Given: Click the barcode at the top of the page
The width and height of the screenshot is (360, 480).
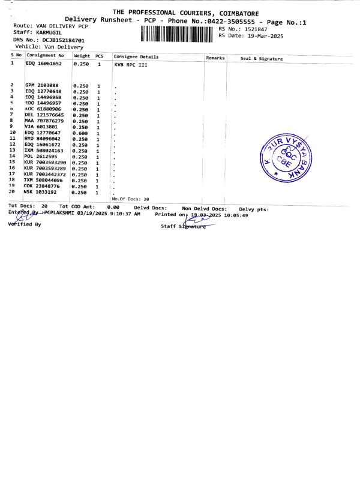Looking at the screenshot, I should tap(178, 34).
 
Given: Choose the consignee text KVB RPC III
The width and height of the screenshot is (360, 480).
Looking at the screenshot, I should tap(130, 64).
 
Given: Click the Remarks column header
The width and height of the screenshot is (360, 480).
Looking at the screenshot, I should tap(215, 58).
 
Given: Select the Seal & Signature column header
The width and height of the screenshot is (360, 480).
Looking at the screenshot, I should tap(261, 58).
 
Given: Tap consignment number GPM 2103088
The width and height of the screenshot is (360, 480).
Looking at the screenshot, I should tap(41, 85).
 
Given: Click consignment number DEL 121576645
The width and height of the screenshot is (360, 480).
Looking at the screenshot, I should tap(44, 115).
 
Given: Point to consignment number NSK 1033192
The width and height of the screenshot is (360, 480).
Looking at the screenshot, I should tap(40, 192).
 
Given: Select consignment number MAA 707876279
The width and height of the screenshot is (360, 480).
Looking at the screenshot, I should tap(44, 121).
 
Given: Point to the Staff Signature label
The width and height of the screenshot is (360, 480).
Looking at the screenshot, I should tap(183, 226).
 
